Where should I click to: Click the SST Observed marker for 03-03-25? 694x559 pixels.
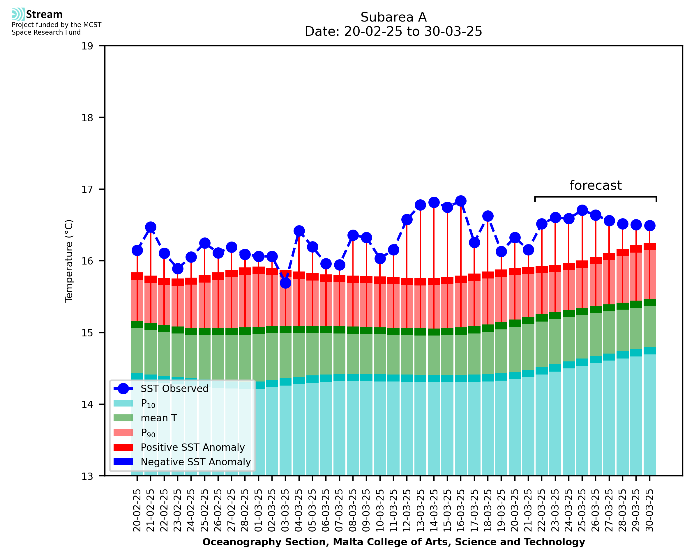pyautogui.click(x=285, y=283)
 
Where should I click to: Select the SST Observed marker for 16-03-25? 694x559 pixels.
pyautogui.click(x=461, y=201)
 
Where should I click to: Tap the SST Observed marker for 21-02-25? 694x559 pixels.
pyautogui.click(x=151, y=227)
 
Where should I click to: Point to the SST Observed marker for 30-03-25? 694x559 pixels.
pyautogui.click(x=649, y=226)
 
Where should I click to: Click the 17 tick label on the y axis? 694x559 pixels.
pyautogui.click(x=87, y=189)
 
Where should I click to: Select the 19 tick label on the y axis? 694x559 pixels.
pyautogui.click(x=87, y=46)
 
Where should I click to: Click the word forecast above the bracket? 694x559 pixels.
pyautogui.click(x=595, y=185)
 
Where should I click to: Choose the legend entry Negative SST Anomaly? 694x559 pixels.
pyautogui.click(x=196, y=462)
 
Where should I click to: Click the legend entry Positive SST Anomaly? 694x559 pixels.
pyautogui.click(x=193, y=447)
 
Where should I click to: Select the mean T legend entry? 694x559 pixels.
pyautogui.click(x=159, y=418)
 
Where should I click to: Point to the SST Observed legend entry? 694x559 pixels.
pyautogui.click(x=174, y=389)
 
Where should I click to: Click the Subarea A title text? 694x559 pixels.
pyautogui.click(x=393, y=17)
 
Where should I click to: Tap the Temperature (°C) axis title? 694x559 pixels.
pyautogui.click(x=69, y=261)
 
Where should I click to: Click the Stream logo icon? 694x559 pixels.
pyautogui.click(x=18, y=14)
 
